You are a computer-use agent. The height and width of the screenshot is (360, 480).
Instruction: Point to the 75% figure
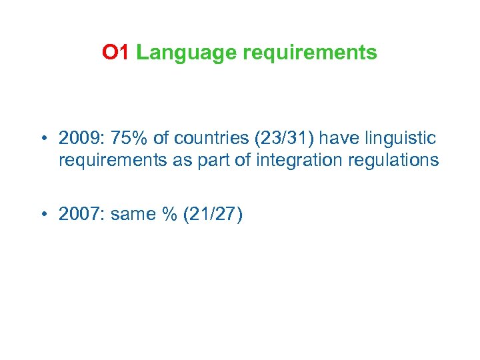click(x=125, y=138)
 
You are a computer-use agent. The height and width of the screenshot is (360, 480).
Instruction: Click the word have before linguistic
click(x=339, y=138)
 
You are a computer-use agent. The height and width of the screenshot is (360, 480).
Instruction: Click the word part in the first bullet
click(x=219, y=160)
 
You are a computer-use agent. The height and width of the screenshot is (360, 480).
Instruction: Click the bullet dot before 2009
click(x=42, y=139)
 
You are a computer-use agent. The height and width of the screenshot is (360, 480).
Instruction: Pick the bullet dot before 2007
click(x=42, y=215)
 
